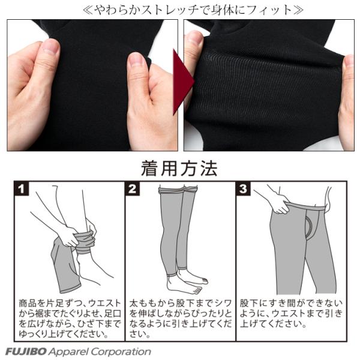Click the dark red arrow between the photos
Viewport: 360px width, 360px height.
pos(183,82)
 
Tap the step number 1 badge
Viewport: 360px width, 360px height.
pos(22,189)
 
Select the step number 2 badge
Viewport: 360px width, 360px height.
pos(133,189)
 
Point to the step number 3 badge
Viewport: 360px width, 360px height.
pos(244,189)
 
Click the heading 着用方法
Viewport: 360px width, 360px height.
pos(179,169)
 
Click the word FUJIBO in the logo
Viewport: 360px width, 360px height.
pos(26,351)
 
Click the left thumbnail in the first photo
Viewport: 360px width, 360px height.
pos(51,47)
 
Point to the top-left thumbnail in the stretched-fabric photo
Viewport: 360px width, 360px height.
pos(194,37)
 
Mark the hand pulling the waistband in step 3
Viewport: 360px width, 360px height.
pos(279,203)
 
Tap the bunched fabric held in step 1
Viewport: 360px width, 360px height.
pos(85,242)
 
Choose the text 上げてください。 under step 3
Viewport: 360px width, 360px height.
pos(273,324)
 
